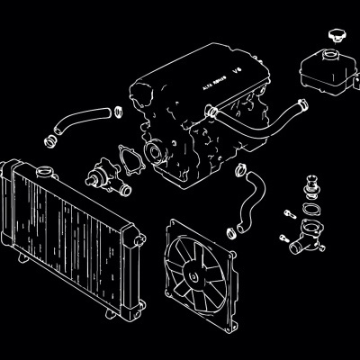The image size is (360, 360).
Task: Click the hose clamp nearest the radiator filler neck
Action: click(x=52, y=140)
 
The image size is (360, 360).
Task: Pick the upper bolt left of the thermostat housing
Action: click(x=288, y=214)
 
